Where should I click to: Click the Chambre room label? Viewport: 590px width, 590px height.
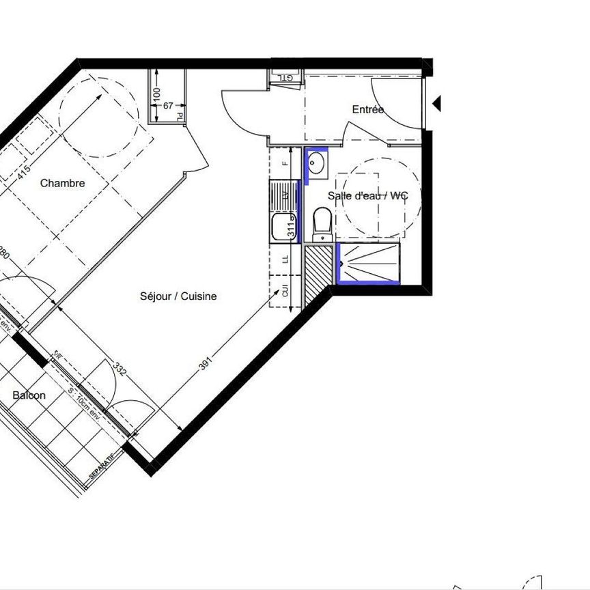coord(62,183)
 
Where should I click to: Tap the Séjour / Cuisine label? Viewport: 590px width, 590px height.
coord(178,296)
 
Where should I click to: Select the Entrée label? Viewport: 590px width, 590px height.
coord(367,109)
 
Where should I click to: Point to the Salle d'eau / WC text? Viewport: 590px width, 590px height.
coord(367,196)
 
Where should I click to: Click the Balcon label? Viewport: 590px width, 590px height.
coord(29,395)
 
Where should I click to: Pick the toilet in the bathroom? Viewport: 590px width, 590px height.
coord(322,224)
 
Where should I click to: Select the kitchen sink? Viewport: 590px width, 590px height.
coord(281,227)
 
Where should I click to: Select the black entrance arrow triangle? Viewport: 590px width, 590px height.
coord(438,104)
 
